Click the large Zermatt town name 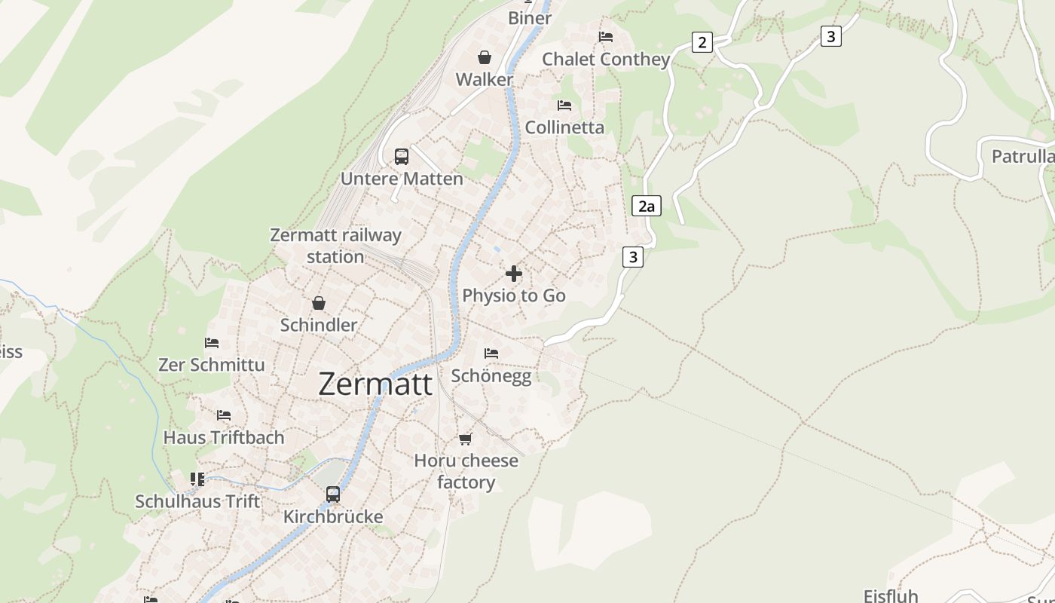pos(375,384)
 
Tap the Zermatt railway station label pos(335,246)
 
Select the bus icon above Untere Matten pos(402,157)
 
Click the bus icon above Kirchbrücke pos(333,494)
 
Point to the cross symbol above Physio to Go pos(514,274)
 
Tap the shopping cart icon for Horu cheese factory pos(466,439)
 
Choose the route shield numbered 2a pos(646,206)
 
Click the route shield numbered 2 pos(702,42)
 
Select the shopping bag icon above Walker pos(485,57)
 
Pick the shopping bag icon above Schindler pos(319,303)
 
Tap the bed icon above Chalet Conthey pos(605,37)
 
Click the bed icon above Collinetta pos(564,106)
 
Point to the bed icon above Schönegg pos(491,353)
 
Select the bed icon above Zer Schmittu pos(212,343)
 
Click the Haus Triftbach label pos(224,437)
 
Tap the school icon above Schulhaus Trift pos(197,479)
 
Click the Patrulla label pos(1023,157)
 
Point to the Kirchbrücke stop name pos(333,517)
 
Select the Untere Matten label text pos(402,179)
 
